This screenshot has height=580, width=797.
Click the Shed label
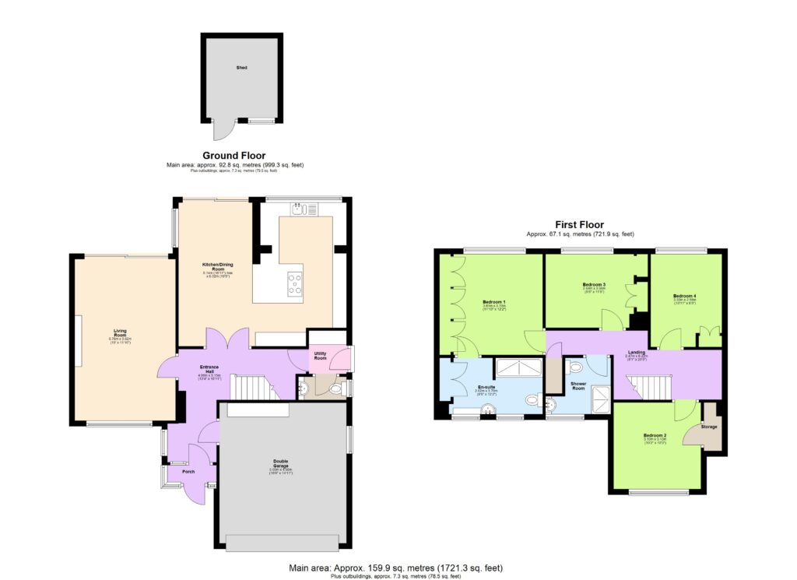[x=242, y=69]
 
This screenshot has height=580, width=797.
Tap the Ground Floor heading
[x=233, y=156]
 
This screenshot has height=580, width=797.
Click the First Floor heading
[x=580, y=224]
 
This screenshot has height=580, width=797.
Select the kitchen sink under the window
[x=302, y=209]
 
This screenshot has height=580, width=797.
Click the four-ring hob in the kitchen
[x=295, y=283]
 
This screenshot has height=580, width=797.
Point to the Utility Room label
[x=320, y=356]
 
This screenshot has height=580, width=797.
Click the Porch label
[x=188, y=471]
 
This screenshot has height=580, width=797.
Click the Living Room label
[x=120, y=332]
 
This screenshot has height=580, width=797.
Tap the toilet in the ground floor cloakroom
[x=305, y=387]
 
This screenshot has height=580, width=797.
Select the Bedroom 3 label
[x=594, y=285]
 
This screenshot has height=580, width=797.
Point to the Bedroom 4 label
[x=685, y=296]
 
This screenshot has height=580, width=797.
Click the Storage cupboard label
[x=710, y=427]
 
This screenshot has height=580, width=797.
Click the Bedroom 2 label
[x=655, y=435]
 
